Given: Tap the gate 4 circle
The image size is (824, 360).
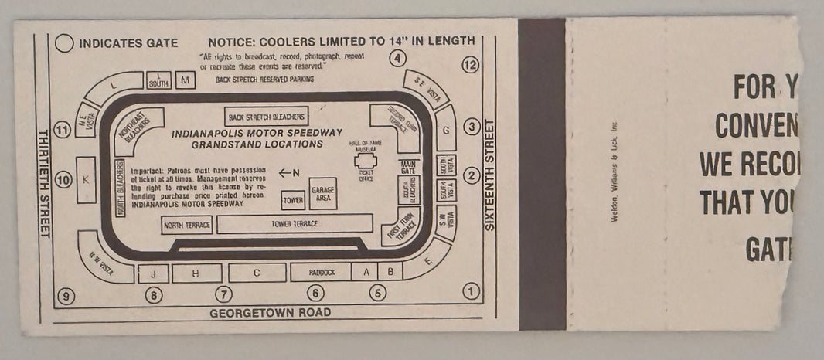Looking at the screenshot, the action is pos(397,58).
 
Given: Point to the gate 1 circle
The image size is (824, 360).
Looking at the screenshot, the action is pos(470,291).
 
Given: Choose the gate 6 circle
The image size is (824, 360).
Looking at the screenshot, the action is pos(315,293).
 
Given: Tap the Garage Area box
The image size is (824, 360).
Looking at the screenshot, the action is pos(322,193).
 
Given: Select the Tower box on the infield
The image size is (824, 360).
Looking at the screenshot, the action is pos(292,200).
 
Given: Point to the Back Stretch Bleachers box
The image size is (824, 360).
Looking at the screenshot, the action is pos(267,117).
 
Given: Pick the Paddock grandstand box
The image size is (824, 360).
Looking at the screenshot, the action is pos(320,272).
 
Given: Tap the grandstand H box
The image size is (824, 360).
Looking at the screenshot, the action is pos(196,273).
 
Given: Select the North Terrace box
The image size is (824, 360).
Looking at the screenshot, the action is pos(186,225).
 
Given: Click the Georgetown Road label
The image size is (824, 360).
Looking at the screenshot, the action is pos(270,313).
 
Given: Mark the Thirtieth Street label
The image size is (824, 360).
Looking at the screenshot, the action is pos(43,182).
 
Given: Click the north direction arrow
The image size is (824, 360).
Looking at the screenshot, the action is pos(288,172).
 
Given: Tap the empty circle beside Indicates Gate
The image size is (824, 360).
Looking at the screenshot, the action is pos(65,43).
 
